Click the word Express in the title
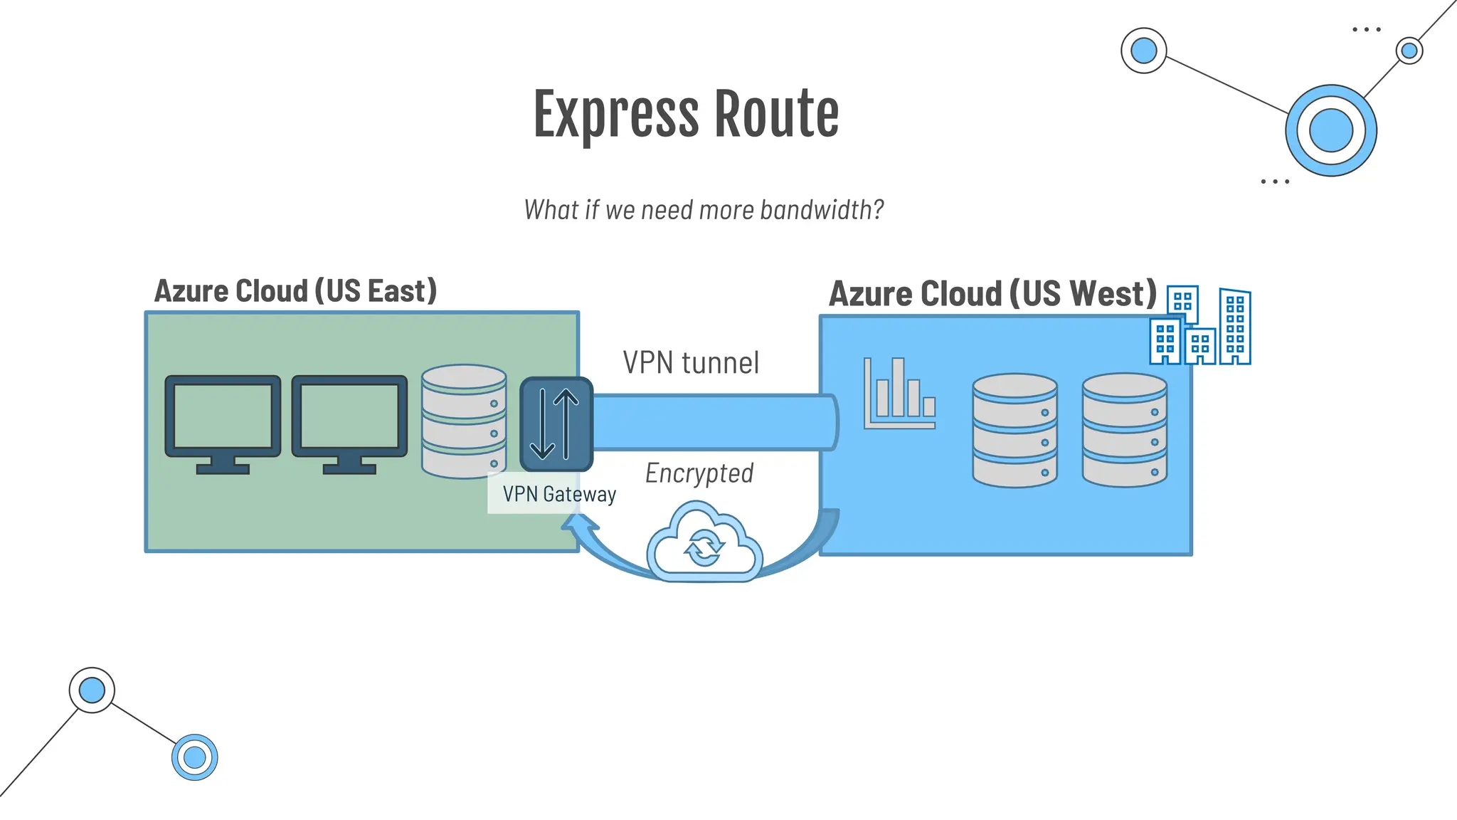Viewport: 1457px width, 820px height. (x=616, y=115)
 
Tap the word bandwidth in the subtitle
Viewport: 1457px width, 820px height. (x=821, y=210)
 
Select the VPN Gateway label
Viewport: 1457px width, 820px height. (x=559, y=494)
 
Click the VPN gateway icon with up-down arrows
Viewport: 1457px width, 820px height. (x=556, y=424)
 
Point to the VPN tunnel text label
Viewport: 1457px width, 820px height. (x=691, y=362)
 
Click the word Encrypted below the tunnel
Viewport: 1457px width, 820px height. (x=699, y=473)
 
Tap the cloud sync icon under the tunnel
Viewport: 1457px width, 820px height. (x=704, y=544)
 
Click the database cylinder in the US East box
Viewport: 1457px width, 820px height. (x=464, y=421)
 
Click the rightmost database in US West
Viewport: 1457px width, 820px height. (x=1124, y=431)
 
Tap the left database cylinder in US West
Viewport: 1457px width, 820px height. (x=1014, y=431)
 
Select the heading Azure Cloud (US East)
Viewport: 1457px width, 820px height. (x=295, y=291)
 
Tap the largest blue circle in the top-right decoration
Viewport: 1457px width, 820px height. (x=1330, y=131)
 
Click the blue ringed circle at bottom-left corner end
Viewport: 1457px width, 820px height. (x=194, y=757)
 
